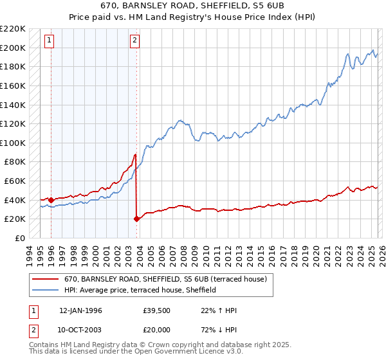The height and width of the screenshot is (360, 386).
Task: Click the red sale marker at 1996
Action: (51, 200)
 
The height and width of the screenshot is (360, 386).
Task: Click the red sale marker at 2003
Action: (136, 219)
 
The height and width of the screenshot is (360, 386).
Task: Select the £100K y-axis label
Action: (14, 143)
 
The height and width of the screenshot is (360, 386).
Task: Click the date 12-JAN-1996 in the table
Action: (80, 310)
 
